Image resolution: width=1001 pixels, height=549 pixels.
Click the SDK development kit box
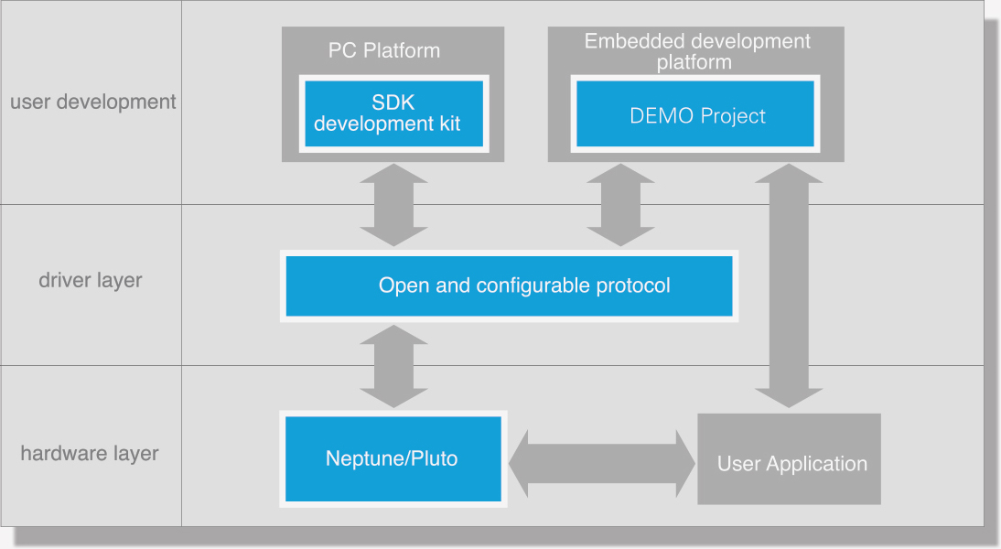tap(393, 113)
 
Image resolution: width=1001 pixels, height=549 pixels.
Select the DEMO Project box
tap(695, 113)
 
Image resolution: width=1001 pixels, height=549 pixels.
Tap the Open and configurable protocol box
tap(509, 286)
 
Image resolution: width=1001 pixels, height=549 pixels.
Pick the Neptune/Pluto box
tap(393, 459)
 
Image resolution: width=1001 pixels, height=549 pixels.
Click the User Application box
tap(789, 459)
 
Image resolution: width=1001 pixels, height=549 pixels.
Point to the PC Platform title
tap(384, 50)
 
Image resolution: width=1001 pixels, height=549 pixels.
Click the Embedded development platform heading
tap(696, 51)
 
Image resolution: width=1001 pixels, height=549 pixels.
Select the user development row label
tap(92, 102)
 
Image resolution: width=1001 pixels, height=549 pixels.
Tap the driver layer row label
tap(90, 280)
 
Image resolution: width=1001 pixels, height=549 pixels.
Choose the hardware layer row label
tap(90, 453)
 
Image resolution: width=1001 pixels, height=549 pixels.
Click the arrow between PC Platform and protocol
tap(393, 205)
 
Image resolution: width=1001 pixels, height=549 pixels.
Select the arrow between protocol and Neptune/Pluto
tap(393, 366)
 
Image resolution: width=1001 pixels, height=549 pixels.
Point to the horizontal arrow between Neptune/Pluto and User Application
tap(602, 464)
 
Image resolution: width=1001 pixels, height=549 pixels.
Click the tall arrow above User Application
tap(789, 285)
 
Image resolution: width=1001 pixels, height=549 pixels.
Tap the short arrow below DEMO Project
tap(620, 205)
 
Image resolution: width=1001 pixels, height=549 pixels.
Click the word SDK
tap(393, 102)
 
